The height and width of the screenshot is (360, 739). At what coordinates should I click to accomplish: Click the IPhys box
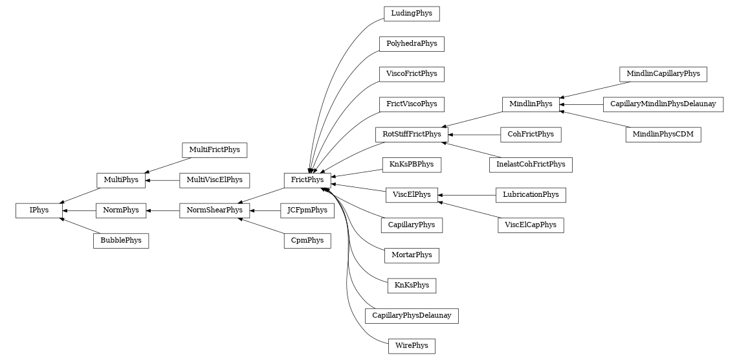pyautogui.click(x=38, y=210)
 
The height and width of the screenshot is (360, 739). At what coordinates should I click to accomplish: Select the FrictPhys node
pyautogui.click(x=307, y=180)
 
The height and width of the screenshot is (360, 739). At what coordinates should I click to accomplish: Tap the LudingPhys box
pyautogui.click(x=412, y=14)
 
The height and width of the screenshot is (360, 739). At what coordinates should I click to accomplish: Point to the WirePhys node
pyautogui.click(x=411, y=346)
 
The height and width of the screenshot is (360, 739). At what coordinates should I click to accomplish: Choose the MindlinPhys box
pyautogui.click(x=531, y=104)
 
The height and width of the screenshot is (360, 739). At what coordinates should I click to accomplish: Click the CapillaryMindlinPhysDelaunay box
pyautogui.click(x=663, y=104)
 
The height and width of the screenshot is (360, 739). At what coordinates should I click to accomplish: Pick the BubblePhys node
pyautogui.click(x=121, y=241)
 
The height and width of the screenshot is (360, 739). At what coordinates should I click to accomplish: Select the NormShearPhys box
pyautogui.click(x=215, y=210)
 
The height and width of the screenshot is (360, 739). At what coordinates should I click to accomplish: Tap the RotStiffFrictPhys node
pyautogui.click(x=412, y=135)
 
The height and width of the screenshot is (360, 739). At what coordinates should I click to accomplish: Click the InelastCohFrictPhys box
pyautogui.click(x=531, y=164)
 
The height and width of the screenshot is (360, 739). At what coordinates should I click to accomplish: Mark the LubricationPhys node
pyautogui.click(x=531, y=195)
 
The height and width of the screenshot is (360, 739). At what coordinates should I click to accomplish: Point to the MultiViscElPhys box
pyautogui.click(x=215, y=180)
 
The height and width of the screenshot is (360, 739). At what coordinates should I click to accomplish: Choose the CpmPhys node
pyautogui.click(x=307, y=241)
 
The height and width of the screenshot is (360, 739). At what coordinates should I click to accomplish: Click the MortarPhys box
pyautogui.click(x=412, y=255)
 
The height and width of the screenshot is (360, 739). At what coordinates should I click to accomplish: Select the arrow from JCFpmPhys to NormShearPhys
pyautogui.click(x=265, y=210)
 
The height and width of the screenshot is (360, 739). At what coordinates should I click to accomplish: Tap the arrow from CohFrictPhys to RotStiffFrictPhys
pyautogui.click(x=474, y=135)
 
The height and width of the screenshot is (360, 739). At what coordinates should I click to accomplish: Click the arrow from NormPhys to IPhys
pyautogui.click(x=79, y=210)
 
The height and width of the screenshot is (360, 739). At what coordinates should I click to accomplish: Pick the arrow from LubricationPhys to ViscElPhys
pyautogui.click(x=467, y=195)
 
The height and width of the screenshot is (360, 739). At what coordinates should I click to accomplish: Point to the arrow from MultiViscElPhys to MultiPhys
pyautogui.click(x=162, y=180)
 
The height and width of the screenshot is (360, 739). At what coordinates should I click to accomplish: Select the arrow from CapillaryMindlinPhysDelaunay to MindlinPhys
pyautogui.click(x=581, y=104)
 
